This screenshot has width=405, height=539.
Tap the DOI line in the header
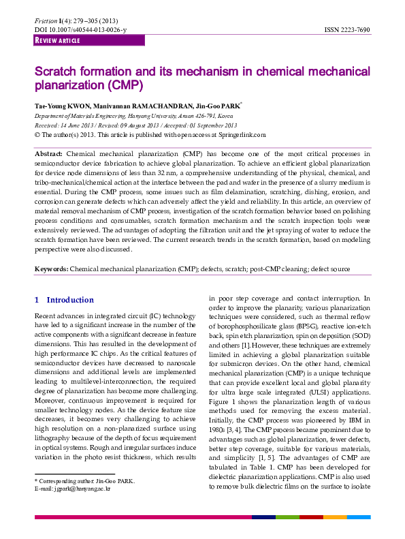pyautogui.click(x=81, y=31)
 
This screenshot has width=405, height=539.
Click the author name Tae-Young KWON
pyautogui.click(x=61, y=106)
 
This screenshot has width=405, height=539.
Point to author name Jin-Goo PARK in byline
pyautogui.click(x=222, y=106)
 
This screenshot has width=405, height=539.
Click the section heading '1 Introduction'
pyautogui.click(x=64, y=300)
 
